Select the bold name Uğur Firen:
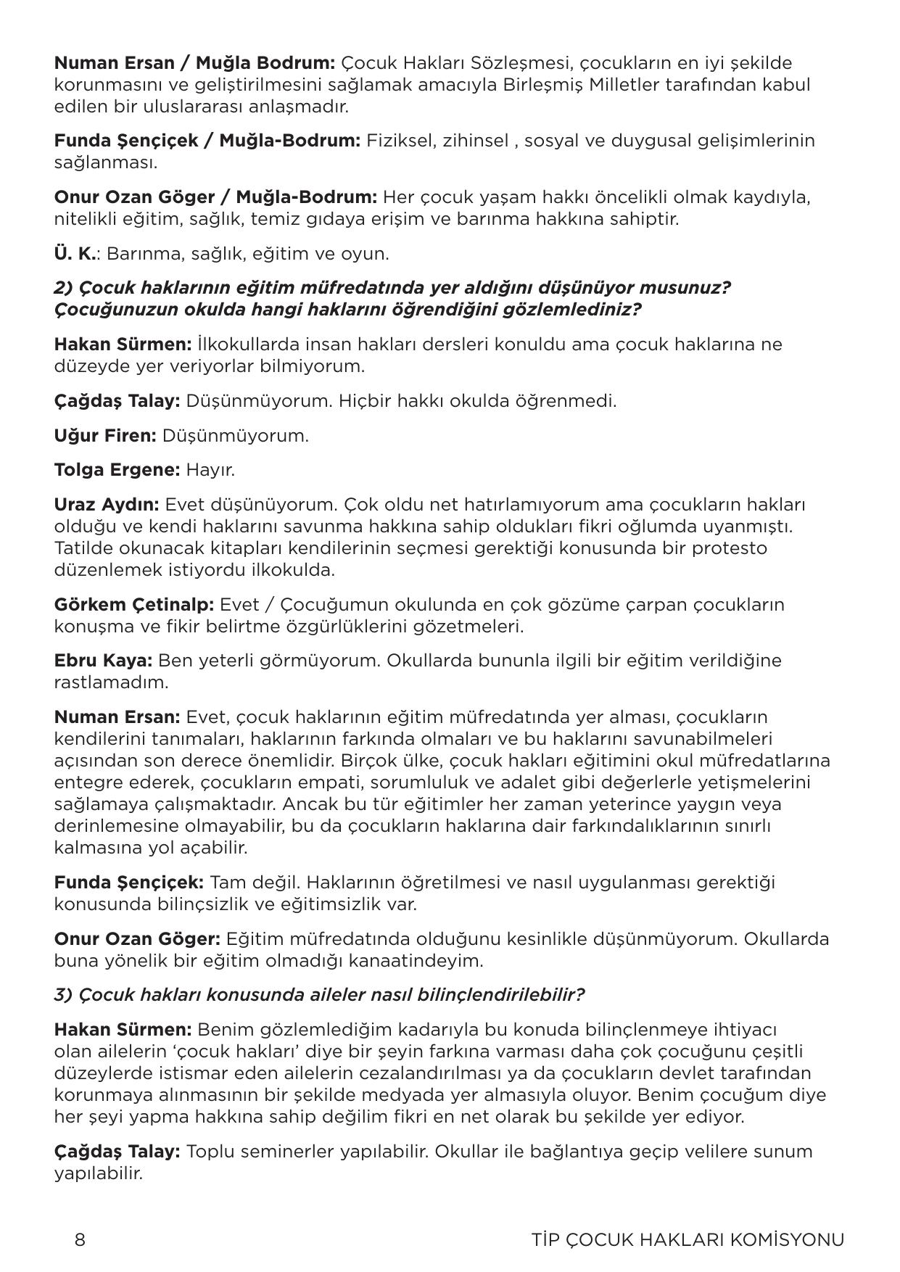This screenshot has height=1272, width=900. click(105, 435)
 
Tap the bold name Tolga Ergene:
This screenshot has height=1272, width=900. click(117, 469)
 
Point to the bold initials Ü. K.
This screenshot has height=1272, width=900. click(75, 254)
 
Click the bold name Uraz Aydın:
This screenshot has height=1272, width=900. click(107, 504)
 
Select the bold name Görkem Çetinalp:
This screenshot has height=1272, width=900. click(133, 604)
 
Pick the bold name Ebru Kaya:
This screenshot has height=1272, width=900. click(103, 661)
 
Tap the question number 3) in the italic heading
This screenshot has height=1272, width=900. click(63, 994)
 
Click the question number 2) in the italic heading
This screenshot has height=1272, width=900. click(63, 288)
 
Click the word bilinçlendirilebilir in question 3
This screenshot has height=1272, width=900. click(499, 994)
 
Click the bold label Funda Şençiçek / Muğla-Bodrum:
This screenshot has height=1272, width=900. click(207, 141)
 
